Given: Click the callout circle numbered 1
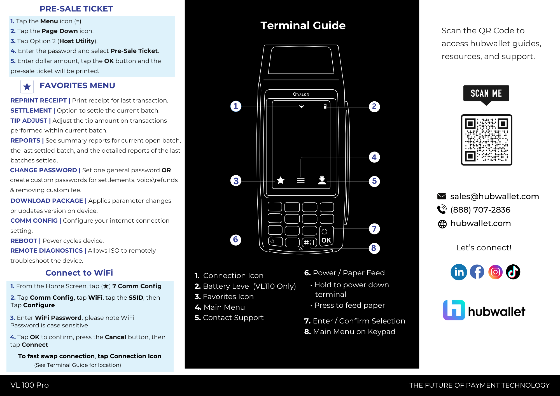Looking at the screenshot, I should click(236, 106).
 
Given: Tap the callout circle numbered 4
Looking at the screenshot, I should click(374, 157).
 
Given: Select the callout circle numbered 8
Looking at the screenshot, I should click(374, 248).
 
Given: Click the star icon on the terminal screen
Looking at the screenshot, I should click(281, 180).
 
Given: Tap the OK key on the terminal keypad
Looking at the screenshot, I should click(326, 240).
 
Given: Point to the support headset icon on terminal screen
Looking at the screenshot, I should click(322, 180).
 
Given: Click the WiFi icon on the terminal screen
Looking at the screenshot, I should click(301, 106).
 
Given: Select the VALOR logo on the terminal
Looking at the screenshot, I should click(301, 94).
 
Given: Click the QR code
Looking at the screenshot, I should click(486, 140).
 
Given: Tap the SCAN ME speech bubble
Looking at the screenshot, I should click(486, 94).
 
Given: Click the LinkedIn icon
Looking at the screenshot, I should click(459, 272).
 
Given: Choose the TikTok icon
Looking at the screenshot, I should click(513, 272).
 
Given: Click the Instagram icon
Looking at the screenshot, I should click(495, 272).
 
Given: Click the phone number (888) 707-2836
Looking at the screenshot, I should click(480, 210).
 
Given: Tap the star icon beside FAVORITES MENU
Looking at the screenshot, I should click(27, 87).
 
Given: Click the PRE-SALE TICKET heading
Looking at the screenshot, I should click(76, 9).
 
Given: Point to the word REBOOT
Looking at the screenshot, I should click(24, 241).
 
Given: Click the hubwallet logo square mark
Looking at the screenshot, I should click(454, 310).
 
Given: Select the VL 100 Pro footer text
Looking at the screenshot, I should click(30, 385).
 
